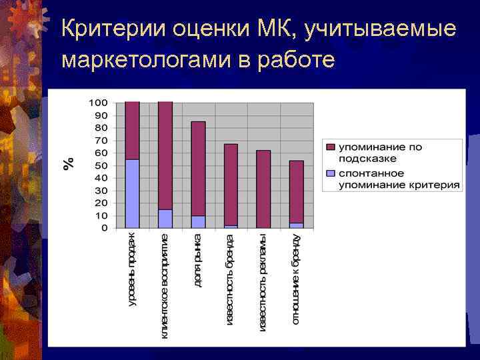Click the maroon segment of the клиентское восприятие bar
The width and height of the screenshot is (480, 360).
point(165,155)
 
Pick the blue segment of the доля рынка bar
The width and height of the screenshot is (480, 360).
point(198,221)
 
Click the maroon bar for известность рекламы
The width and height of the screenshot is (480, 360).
point(263,189)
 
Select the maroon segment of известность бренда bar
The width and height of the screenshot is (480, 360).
point(231,184)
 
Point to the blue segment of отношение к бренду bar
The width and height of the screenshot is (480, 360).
point(296,225)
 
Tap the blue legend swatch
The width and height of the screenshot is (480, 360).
point(331,173)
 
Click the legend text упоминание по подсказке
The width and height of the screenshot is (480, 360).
point(380,153)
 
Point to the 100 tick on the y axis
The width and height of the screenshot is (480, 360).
point(98,103)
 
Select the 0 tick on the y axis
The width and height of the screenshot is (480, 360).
point(103,228)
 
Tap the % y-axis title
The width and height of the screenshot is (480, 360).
point(68,164)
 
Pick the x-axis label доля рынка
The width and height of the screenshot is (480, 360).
point(198,261)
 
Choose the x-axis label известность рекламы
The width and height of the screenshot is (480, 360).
point(263,282)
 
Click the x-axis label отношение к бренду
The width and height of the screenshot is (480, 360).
point(296,279)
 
